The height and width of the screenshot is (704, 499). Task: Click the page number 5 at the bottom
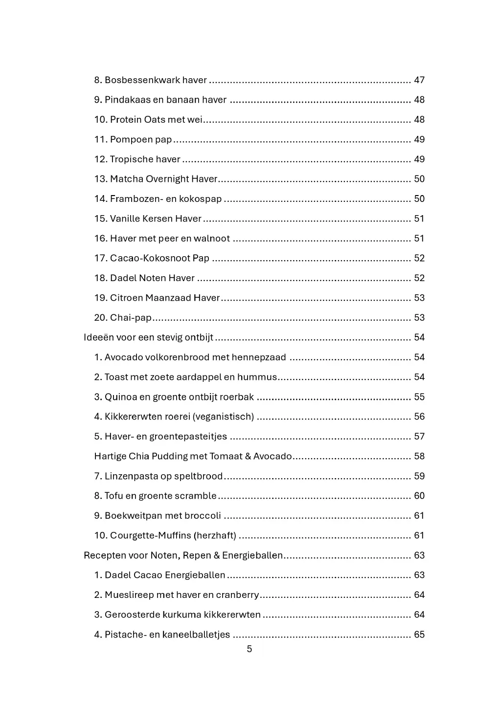point(249,649)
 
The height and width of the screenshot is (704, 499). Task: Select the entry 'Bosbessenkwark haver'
point(151,80)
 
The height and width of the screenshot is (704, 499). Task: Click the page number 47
point(419,80)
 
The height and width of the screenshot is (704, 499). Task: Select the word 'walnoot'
point(212,239)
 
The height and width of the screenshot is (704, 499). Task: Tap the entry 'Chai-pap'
point(123,318)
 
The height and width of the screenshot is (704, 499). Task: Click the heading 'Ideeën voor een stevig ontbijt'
point(149,338)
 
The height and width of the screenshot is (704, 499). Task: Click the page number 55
point(419,397)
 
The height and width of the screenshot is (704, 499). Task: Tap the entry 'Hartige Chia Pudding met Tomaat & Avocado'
point(193,457)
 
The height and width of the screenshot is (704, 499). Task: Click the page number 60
point(419,496)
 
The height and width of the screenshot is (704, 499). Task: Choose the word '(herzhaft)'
point(215,536)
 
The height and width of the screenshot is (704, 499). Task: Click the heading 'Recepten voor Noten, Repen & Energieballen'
point(183,555)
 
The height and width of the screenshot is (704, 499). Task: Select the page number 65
point(419,635)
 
